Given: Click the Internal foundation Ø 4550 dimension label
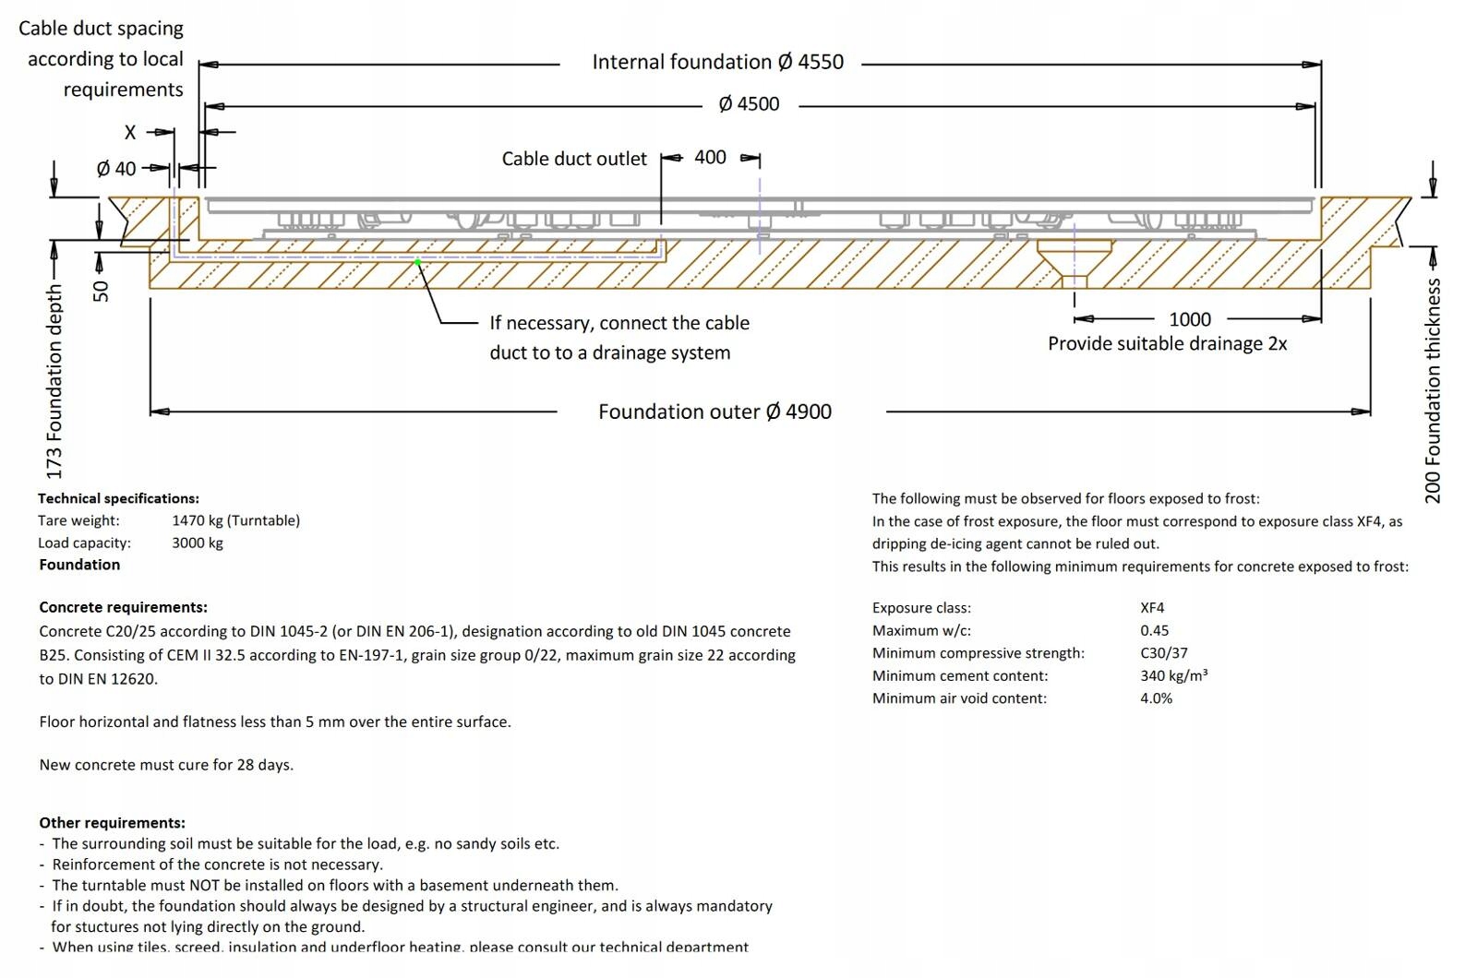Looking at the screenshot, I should coord(717,63).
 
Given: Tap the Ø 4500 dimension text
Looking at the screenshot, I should coord(749,104).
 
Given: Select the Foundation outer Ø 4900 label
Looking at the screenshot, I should coord(714,411).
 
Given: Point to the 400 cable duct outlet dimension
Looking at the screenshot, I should coord(710,158).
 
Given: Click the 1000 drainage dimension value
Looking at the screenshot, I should coord(1189,319).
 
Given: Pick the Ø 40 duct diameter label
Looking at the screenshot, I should coord(116,169).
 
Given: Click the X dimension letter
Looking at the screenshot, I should coord(130,133).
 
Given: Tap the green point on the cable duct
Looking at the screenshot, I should coord(417,262).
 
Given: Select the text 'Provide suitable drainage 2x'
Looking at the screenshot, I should coord(1167,344).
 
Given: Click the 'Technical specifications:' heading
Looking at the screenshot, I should coord(118,498).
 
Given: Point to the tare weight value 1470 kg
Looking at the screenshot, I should coord(235,520).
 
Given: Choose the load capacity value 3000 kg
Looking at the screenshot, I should coord(197,543).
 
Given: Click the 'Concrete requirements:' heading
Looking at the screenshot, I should coord(123,607).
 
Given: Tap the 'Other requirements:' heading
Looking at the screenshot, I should coord(112,822).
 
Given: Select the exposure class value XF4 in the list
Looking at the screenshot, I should coord(1152,608).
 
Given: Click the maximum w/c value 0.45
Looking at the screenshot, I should coord(1154,630).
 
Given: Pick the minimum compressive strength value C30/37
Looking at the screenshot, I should coord(1163,653).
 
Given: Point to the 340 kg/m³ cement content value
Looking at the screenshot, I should coord(1173,675).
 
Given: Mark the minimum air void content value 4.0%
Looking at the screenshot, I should coord(1156,698).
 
